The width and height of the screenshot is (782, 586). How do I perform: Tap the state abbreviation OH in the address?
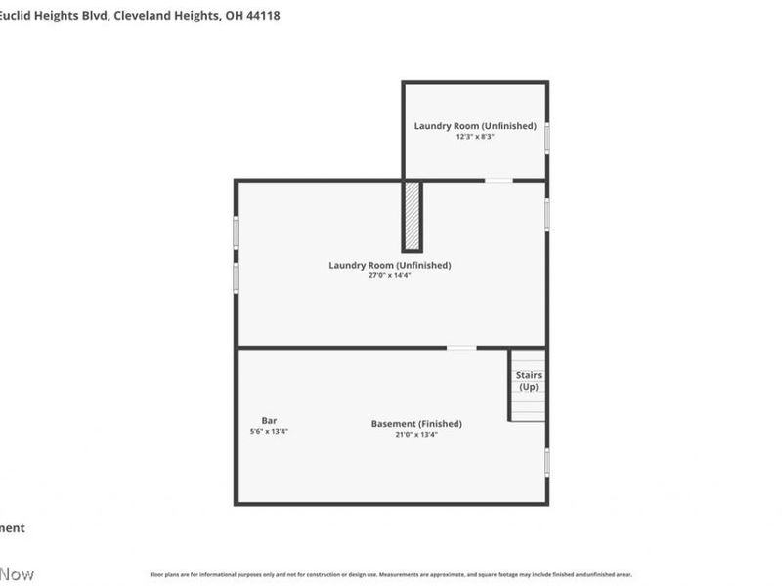232,15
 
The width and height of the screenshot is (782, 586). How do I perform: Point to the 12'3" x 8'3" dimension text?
475,137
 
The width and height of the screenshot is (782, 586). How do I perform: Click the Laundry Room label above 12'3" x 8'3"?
475,125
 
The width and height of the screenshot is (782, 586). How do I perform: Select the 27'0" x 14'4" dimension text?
389,275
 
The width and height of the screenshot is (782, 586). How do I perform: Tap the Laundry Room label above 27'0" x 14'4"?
389,265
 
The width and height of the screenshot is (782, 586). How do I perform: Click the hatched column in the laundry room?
413,215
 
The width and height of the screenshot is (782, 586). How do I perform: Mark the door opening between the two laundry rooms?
499,180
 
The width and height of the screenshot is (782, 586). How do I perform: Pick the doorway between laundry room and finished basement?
461,348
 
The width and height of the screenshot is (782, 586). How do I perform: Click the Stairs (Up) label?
529,381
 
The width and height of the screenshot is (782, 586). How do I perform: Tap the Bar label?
269,420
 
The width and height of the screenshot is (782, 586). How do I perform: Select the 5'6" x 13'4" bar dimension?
269,431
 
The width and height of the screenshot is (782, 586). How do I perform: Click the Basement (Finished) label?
416,423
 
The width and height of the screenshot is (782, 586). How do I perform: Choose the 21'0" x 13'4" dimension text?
416,435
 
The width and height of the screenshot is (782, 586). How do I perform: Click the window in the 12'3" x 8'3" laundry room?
547,137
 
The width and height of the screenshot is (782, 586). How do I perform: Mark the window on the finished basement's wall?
547,461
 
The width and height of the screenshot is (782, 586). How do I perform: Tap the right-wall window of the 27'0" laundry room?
547,214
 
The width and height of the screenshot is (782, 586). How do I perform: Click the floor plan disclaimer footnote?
391,575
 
